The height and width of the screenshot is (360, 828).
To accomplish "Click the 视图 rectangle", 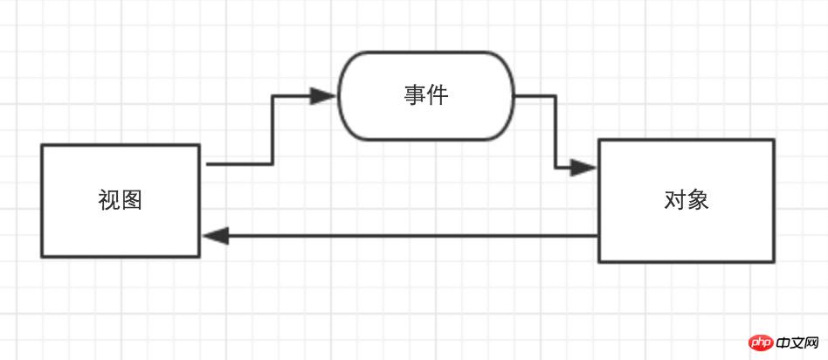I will pos(121,201).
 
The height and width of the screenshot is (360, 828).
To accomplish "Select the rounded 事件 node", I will pos(426,95).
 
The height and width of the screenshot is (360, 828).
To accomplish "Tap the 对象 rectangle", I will pos(686,200).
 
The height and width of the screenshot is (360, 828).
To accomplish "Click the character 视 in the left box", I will pos(109,201).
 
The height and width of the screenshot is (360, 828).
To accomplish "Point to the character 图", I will pos(132,201).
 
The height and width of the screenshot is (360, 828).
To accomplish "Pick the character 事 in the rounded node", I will pos(415,95).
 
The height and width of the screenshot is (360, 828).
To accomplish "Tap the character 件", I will pos(438,95).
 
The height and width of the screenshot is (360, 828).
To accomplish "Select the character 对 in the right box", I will pos(674,200).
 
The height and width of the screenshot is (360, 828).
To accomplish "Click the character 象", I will pos(697,200).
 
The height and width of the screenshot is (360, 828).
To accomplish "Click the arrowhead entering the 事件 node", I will pos(325,96).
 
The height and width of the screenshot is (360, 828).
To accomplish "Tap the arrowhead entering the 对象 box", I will pos(584,167).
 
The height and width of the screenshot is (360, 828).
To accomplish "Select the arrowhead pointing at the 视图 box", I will pos(215,236).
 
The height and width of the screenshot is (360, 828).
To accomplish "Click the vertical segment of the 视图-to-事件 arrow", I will pos(273,129).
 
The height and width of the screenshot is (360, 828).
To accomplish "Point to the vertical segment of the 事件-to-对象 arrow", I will pos(555,131).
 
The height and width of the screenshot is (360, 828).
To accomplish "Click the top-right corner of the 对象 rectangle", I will pos(774,140).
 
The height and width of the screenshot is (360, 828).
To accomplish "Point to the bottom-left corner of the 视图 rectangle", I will pos(42,257).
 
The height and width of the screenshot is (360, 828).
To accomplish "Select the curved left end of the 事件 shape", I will pos(340,95).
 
